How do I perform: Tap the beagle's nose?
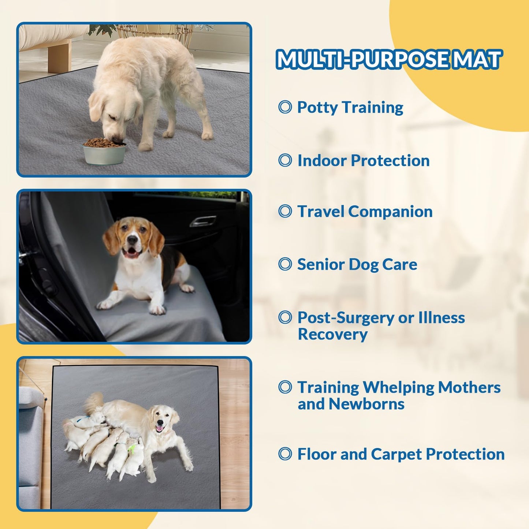[x=132, y=240]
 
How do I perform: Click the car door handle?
[x=203, y=221]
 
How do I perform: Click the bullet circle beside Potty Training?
[x=285, y=107]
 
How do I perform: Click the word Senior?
[x=321, y=264]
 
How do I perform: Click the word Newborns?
[x=366, y=404]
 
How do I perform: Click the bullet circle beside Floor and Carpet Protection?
[x=285, y=454]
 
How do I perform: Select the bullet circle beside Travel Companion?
[x=285, y=211]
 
